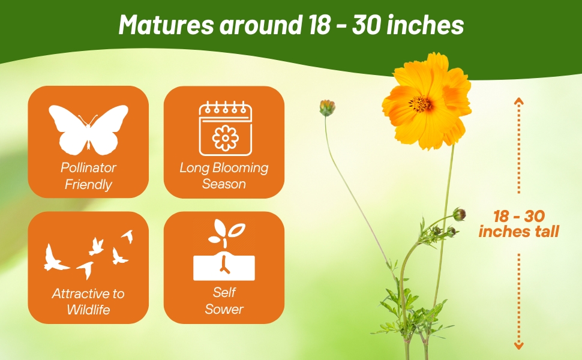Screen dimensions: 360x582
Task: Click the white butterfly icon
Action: coord(88,128)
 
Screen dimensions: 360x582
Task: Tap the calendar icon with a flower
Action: coord(225,128)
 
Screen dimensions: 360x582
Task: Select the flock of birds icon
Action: coord(88,252)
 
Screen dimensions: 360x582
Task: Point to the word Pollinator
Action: coord(88,167)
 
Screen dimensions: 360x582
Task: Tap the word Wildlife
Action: coord(88,310)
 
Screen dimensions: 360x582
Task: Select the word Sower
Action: coord(224,310)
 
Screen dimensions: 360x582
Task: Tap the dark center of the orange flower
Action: coord(421,104)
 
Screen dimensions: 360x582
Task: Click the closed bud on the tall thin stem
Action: coord(327,108)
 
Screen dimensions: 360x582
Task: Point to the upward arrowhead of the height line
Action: coord(519,100)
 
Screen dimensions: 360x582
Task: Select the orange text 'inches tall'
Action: coord(519,231)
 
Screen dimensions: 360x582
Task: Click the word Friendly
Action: coord(88,184)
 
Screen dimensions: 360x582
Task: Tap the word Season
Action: coord(224,184)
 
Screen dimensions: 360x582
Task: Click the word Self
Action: coord(224,293)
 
